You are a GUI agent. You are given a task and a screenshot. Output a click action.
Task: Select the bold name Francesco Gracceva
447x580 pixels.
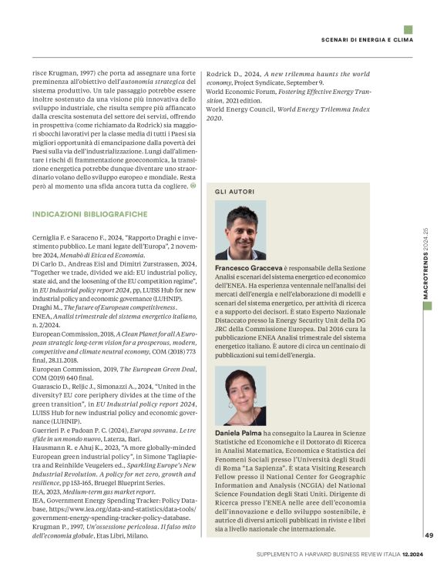tap(244, 268)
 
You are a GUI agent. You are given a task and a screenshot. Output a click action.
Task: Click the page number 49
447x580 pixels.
tap(429, 535)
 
